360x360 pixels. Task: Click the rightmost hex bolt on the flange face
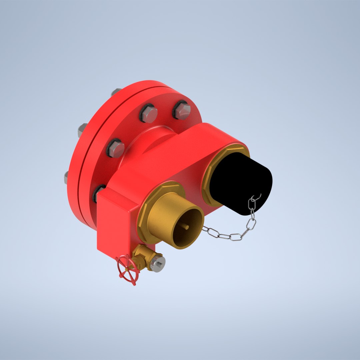[x=182, y=111]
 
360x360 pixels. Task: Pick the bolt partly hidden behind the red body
[x=99, y=193]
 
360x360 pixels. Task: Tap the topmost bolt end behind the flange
[x=116, y=91]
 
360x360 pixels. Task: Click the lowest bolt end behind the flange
[x=66, y=177]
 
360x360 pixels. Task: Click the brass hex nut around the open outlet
[x=147, y=213]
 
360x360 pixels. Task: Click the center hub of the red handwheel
[x=128, y=269]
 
